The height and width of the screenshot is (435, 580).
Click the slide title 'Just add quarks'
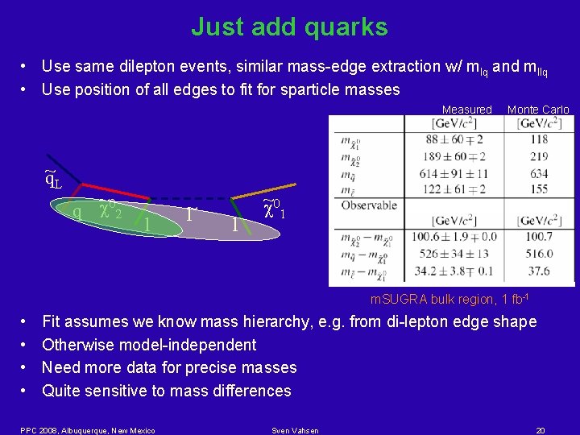(289, 27)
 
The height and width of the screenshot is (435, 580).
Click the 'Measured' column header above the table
(466, 110)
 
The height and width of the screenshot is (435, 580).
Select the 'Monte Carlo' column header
(538, 110)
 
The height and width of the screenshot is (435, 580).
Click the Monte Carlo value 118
(539, 139)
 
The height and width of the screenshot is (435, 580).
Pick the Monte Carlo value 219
(539, 156)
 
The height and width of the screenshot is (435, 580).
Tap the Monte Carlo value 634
(539, 173)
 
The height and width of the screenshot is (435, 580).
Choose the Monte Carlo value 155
(539, 189)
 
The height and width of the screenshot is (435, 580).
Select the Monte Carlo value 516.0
(539, 254)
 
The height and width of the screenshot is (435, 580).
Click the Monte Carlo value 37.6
(539, 271)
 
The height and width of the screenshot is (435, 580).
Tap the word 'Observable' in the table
(370, 205)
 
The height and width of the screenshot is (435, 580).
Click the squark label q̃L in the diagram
(52, 179)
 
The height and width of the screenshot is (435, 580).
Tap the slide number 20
(541, 430)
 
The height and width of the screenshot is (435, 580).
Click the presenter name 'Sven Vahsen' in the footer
(296, 430)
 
